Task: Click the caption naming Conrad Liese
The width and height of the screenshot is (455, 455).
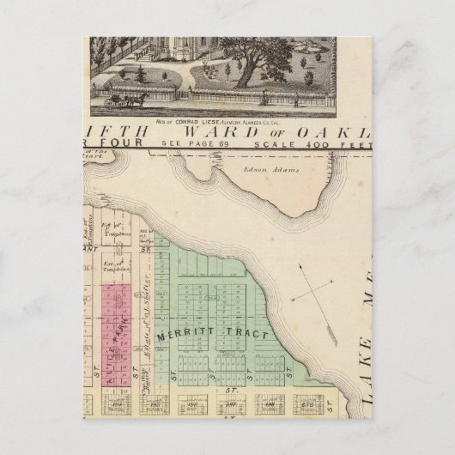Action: pos(230,120)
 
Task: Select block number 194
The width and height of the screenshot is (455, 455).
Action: pos(114,401)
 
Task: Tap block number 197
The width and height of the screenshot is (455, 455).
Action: pos(229,401)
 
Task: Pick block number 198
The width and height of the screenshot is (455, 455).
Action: pos(269,401)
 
